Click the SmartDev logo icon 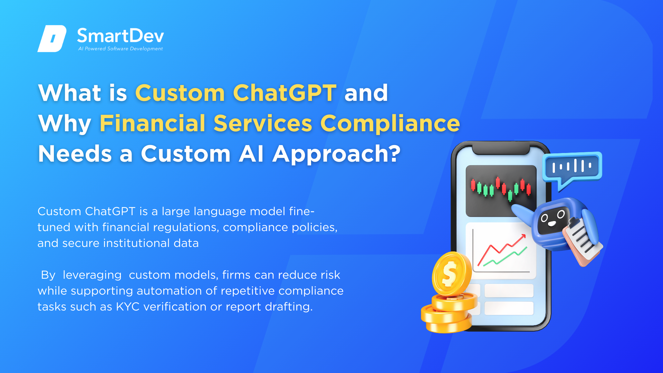click(52, 39)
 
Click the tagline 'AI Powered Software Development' click(121, 49)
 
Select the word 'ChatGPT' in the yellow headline click(285, 93)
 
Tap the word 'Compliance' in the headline click(390, 124)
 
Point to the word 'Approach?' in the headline click(337, 154)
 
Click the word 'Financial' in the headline click(153, 123)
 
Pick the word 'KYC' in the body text click(128, 307)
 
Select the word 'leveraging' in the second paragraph click(92, 275)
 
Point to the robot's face click(552, 220)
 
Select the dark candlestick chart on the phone click(501, 191)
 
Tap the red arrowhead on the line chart click(523, 237)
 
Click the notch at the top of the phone click(501, 150)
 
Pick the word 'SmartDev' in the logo click(121, 36)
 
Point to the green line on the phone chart click(505, 256)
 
